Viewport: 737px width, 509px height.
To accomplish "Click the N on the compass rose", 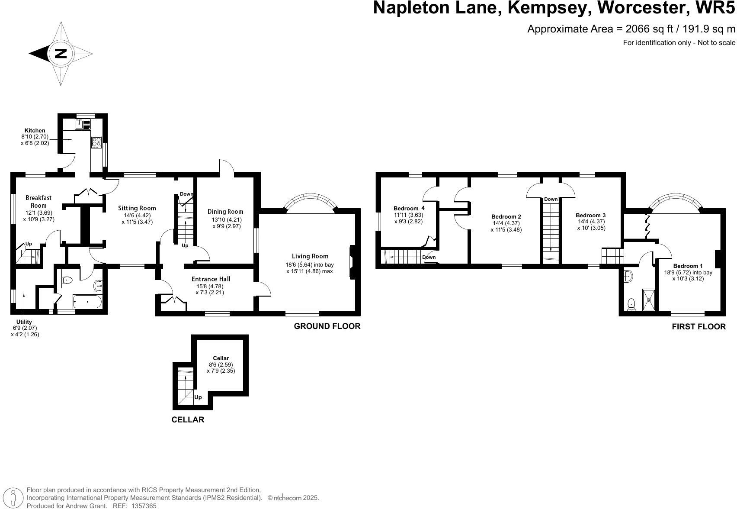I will click(x=61, y=54).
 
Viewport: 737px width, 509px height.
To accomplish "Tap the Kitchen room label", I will click(x=35, y=130).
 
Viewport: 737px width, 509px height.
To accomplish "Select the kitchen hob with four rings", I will click(x=96, y=142).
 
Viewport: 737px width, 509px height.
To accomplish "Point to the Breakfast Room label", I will click(x=38, y=202).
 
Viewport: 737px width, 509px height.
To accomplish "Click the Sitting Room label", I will click(x=137, y=208).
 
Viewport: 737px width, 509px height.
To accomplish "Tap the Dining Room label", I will click(x=225, y=212).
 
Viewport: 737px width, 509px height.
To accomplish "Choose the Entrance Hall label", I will click(x=211, y=279).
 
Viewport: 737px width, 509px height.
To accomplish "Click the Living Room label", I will click(x=310, y=256).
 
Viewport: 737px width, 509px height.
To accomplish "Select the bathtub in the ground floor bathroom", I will click(x=87, y=302).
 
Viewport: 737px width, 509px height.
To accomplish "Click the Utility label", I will click(x=24, y=322).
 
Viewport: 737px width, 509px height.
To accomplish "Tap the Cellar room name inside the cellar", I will click(x=221, y=358).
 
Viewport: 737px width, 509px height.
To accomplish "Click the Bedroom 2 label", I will click(x=506, y=216).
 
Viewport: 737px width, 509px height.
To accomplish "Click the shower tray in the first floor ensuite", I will click(x=648, y=299).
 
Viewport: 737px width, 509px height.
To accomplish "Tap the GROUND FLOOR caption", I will click(x=327, y=326).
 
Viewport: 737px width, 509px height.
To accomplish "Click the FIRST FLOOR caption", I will click(x=699, y=327).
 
